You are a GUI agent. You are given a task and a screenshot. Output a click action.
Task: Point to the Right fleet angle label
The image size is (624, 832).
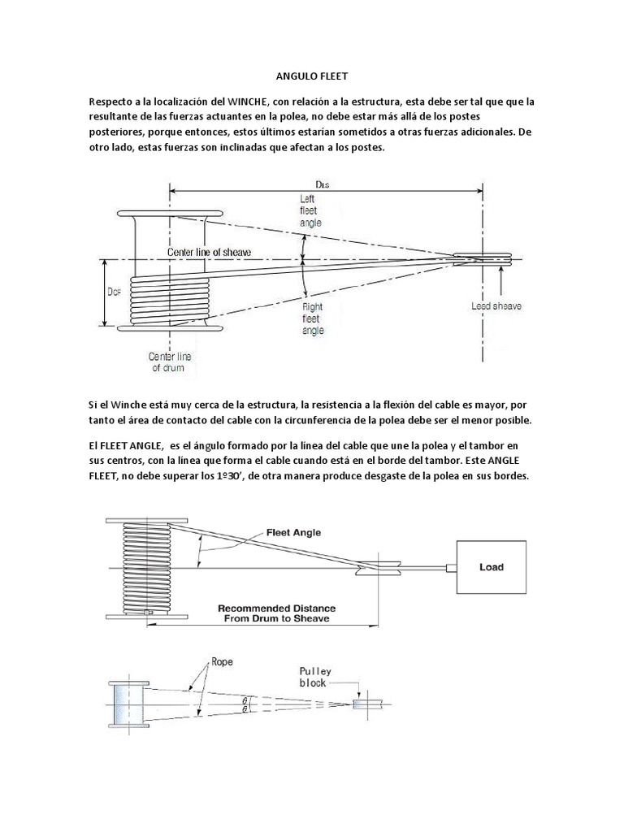(314, 319)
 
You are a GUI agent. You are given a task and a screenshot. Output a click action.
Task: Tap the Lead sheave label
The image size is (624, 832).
(496, 306)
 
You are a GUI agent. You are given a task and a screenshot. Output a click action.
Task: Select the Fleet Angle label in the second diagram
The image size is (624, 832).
(293, 533)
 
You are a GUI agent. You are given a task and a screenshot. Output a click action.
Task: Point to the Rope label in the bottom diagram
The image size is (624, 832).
(223, 662)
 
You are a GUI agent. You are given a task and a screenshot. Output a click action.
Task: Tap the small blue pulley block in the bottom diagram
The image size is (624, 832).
(362, 704)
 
